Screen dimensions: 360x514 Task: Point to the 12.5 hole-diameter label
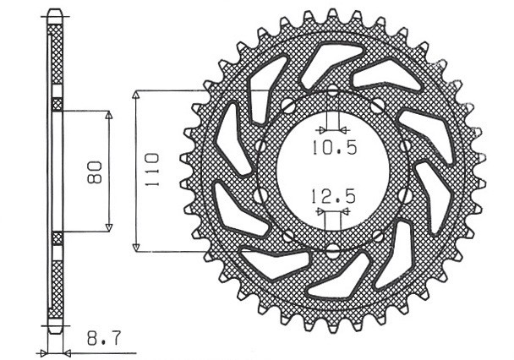point(331,199)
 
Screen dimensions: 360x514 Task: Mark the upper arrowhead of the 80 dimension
point(109,113)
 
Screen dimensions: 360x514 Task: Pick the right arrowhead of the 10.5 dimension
point(343,130)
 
